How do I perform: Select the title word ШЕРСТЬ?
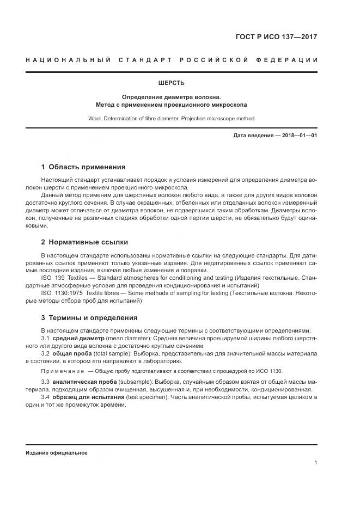[171, 83]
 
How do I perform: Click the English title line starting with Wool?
[171, 118]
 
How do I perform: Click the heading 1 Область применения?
[83, 167]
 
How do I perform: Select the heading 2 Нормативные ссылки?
[84, 242]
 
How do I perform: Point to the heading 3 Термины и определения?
[89, 317]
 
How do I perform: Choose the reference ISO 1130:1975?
[60, 292]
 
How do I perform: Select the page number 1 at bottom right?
[315, 463]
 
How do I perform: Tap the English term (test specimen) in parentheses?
[142, 397]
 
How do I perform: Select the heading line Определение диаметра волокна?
[171, 96]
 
